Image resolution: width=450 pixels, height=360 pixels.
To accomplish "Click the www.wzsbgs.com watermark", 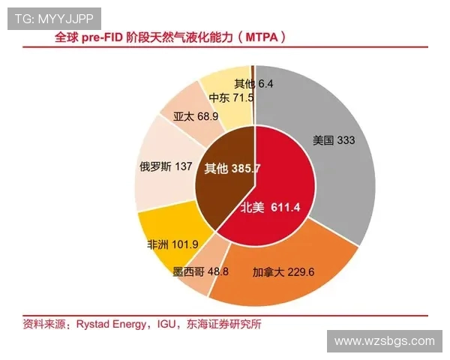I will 384,341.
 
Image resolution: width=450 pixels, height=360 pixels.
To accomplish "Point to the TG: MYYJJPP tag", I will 54,19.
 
